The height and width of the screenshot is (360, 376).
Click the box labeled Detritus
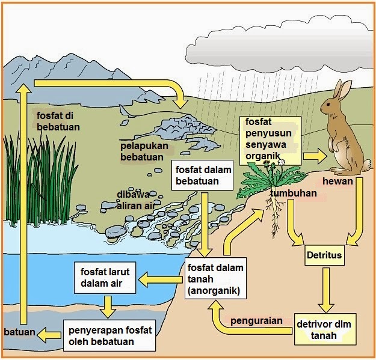[x=324, y=255]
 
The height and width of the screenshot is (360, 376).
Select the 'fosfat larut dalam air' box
[x=106, y=276]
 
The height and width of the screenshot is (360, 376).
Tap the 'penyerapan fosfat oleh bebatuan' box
[x=110, y=335]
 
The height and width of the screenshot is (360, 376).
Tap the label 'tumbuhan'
[x=293, y=194]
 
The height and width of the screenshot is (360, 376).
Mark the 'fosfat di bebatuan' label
[x=58, y=121]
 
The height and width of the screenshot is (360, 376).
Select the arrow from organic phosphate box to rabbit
[x=315, y=156]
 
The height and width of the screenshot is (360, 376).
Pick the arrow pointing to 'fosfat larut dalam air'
[x=160, y=278]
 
